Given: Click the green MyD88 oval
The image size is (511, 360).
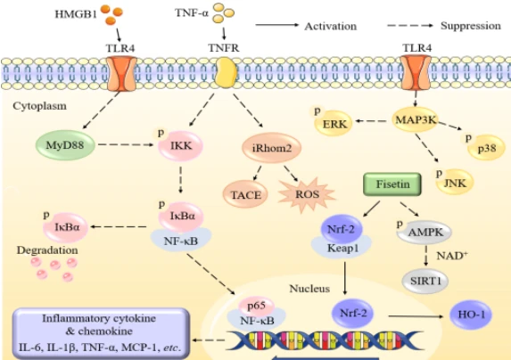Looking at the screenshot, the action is pyautogui.click(x=65, y=145).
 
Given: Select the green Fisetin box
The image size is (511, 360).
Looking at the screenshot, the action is pyautogui.click(x=392, y=184).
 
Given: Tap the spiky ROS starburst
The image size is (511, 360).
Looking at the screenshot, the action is pyautogui.click(x=307, y=194).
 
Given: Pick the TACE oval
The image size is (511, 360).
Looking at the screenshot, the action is pyautogui.click(x=245, y=194).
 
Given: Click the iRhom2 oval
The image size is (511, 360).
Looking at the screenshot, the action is pyautogui.click(x=271, y=148).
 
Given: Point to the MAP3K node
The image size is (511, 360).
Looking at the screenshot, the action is pyautogui.click(x=416, y=119).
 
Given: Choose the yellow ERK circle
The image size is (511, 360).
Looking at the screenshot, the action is pyautogui.click(x=334, y=124).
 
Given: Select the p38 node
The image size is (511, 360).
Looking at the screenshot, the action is pyautogui.click(x=486, y=149).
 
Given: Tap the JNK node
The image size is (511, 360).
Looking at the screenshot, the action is pyautogui.click(x=455, y=183).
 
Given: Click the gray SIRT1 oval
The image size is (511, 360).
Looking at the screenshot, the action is pyautogui.click(x=425, y=282).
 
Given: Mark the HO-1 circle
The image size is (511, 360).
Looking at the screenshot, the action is pyautogui.click(x=471, y=315).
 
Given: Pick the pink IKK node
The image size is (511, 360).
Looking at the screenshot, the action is pyautogui.click(x=180, y=145).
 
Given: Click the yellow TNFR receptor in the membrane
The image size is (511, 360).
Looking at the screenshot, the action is pyautogui.click(x=226, y=73).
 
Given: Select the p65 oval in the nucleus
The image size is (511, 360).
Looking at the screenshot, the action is pyautogui.click(x=257, y=306).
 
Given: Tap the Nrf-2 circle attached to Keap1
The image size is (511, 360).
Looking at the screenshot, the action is pyautogui.click(x=342, y=230).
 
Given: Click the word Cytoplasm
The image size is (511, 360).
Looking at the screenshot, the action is pyautogui.click(x=40, y=106).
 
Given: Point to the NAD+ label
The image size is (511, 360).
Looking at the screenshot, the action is pyautogui.click(x=452, y=256).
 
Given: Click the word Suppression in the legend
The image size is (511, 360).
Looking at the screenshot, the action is pyautogui.click(x=471, y=26).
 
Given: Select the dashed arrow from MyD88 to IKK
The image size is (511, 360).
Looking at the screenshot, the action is pyautogui.click(x=126, y=144).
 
